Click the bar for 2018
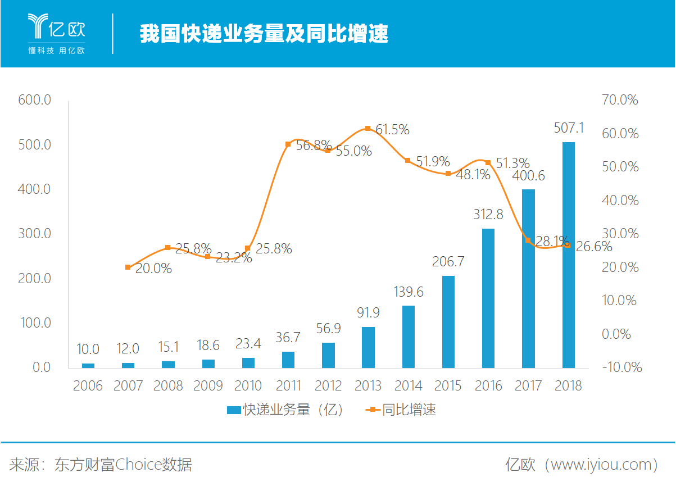coord(569,255)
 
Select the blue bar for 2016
coord(488,298)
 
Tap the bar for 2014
coord(409,337)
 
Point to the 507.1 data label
coord(569,128)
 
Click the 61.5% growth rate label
coord(392,130)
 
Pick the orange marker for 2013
coord(368,129)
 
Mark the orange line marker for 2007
coord(128,267)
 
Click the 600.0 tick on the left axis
coord(35,101)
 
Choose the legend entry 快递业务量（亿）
coord(285,410)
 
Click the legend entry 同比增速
coord(401,410)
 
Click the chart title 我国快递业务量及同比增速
coord(264,34)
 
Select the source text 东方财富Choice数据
coord(123,465)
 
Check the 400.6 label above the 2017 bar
coord(528,176)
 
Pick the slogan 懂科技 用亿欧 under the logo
coord(56,51)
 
